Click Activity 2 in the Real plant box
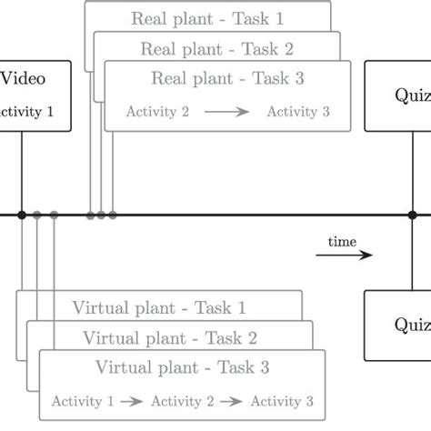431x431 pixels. pos(158,113)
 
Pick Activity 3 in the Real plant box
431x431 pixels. pos(297,113)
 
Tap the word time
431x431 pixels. pos(343,241)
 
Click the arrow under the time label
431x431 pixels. pos(344,256)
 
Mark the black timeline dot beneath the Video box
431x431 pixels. pos(20,215)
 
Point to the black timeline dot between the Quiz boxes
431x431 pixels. pos(412,215)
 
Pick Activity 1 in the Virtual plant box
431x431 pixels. pos(83,401)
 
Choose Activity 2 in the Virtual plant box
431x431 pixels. pos(182,401)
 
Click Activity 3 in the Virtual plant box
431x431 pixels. pos(282,401)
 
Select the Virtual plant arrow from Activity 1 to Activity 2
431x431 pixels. pos(133,401)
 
